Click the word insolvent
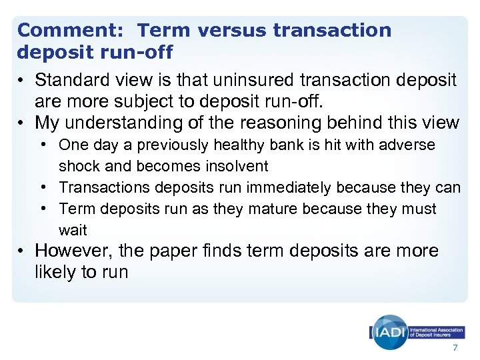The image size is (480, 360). [236, 166]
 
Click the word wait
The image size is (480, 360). [73, 230]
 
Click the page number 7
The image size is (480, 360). [455, 348]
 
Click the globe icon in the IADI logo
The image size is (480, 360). [390, 331]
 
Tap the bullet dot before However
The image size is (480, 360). [23, 251]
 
